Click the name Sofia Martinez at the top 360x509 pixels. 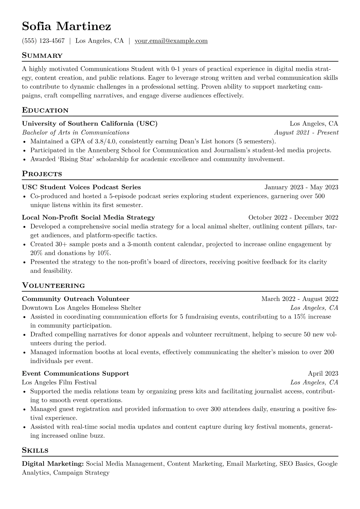[66, 27]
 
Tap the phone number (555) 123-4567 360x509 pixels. [43, 41]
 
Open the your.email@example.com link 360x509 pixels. [171, 41]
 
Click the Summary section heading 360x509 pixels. [42, 56]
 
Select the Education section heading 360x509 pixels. [45, 110]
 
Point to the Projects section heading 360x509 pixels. [42, 174]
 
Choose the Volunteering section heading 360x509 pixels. [53, 285]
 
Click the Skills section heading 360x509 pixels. [35, 450]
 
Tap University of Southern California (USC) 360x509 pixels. [90, 123]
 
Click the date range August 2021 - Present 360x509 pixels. [306, 132]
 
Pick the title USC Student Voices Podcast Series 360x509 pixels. [81, 187]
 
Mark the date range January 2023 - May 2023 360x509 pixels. [301, 187]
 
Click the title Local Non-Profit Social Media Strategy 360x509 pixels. [88, 217]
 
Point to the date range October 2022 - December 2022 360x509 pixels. [293, 217]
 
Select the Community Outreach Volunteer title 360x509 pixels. [76, 299]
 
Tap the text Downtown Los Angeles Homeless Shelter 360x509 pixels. [81, 308]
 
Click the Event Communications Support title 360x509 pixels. [75, 374]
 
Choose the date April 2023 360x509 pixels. [323, 374]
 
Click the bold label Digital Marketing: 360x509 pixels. [53, 464]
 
